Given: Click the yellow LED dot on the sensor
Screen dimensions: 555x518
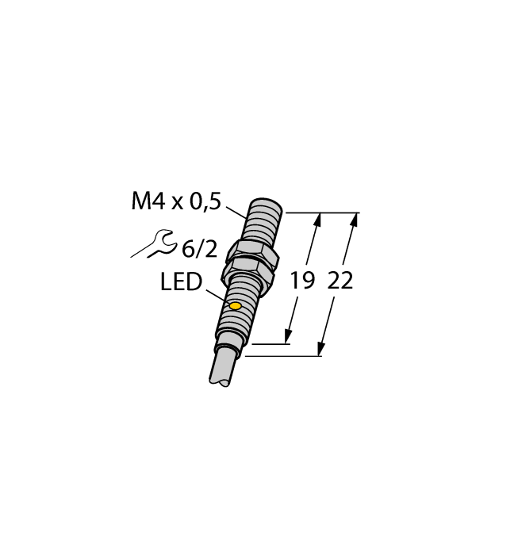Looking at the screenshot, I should pyautogui.click(x=235, y=306).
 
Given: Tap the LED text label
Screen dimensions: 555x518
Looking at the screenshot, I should pyautogui.click(x=181, y=282).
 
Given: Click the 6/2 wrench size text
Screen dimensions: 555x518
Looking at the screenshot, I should pyautogui.click(x=199, y=249).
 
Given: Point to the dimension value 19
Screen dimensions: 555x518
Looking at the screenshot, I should pyautogui.click(x=301, y=281).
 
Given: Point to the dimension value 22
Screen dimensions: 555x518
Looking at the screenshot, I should pyautogui.click(x=340, y=281).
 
